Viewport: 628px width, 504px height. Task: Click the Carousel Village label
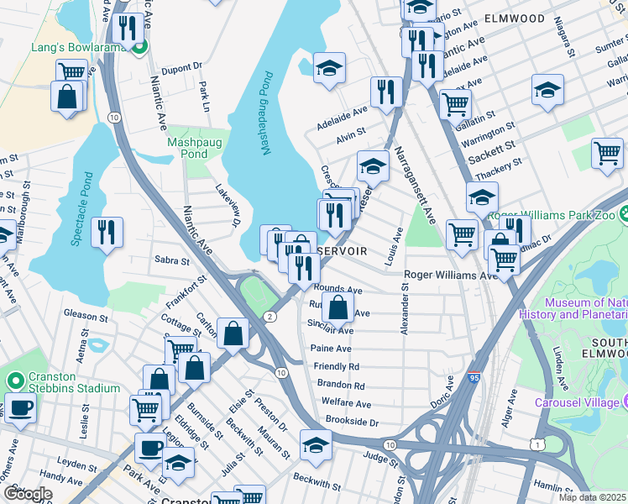coord(579,402)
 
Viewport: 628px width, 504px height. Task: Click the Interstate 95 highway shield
coord(474,380)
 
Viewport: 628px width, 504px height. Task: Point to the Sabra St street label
coord(172,261)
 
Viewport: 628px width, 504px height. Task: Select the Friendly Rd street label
coord(336,367)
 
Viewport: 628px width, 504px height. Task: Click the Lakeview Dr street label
coord(228,206)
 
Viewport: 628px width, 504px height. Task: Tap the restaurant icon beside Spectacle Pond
coord(107,233)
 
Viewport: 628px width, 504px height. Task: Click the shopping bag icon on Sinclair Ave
coord(338,308)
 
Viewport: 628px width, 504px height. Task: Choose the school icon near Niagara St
coord(547,91)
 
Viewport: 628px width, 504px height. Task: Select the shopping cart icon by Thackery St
coord(607,155)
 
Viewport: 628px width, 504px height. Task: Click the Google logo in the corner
coord(28,494)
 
